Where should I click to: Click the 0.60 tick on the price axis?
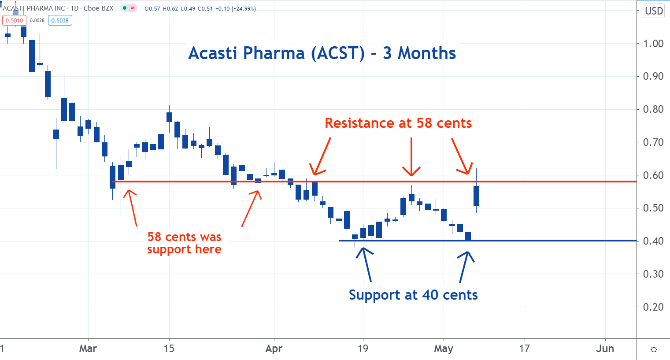coord(653,175)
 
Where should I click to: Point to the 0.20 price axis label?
coord(653,307)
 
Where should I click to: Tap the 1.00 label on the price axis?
coord(653,44)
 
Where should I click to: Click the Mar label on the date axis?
coord(88,349)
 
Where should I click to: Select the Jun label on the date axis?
coord(605,349)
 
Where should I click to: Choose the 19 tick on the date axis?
coord(363,349)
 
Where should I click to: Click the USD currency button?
coord(654,11)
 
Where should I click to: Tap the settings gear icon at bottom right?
coord(654,349)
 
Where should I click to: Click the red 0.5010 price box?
coord(15,20)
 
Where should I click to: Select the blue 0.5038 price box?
coord(60,20)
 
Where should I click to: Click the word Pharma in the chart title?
coord(274,53)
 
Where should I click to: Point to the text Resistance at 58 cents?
coord(398,123)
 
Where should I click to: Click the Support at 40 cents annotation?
coord(413,295)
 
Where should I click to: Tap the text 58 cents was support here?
coord(184,243)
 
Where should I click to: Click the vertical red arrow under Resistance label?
coord(411,156)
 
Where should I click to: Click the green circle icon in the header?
coord(125,8)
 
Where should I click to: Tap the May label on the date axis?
coord(444,349)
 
